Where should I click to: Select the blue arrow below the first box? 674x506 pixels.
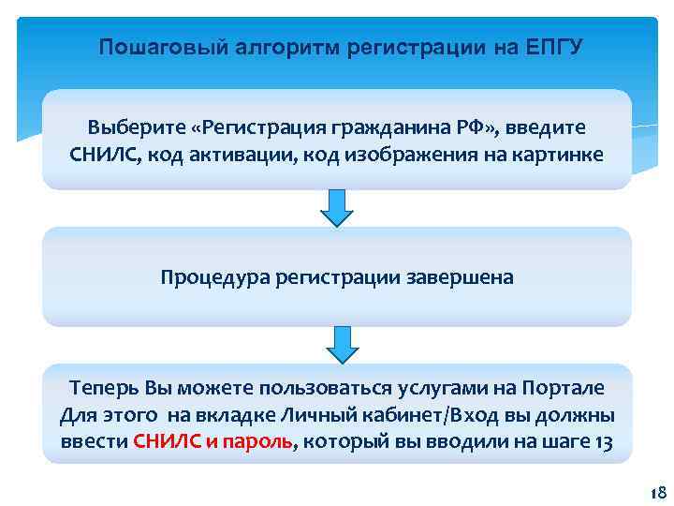pyautogui.click(x=337, y=207)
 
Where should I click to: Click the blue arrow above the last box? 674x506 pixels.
pyautogui.click(x=341, y=343)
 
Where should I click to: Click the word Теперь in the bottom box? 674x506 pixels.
pyautogui.click(x=102, y=388)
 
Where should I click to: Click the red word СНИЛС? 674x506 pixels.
pyautogui.click(x=167, y=442)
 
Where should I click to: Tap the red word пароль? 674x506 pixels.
pyautogui.click(x=261, y=442)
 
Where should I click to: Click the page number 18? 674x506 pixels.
pyautogui.click(x=655, y=493)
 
